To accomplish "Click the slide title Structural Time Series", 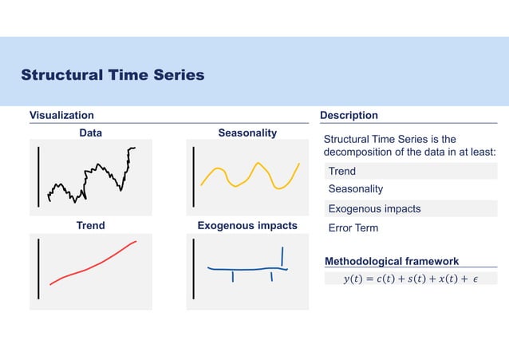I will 112,75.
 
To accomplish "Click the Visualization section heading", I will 61,116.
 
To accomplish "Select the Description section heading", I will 349,116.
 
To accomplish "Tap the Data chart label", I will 90,133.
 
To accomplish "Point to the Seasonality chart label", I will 247,133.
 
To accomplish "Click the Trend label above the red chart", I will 90,226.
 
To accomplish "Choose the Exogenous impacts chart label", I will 247,226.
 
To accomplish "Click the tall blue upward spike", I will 282,255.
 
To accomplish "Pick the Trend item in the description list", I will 342,171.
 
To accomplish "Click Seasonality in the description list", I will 356,189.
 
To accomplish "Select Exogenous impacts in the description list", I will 374,208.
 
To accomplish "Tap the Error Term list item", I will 353,227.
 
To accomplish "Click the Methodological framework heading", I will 392,261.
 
